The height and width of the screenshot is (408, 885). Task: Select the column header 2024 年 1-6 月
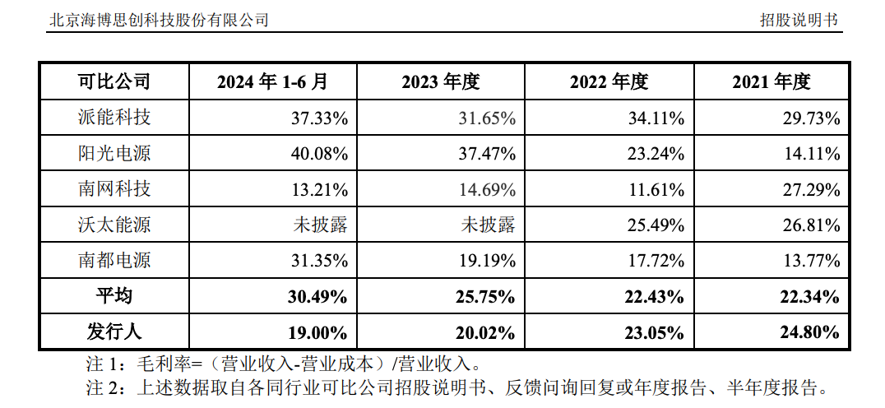tap(272, 81)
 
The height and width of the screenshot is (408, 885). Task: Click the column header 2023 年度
tap(441, 81)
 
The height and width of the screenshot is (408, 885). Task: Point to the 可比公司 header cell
tap(114, 81)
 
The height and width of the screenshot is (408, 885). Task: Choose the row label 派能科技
tap(114, 118)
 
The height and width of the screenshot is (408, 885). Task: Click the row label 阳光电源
tap(114, 154)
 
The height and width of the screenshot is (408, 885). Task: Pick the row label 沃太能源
tap(114, 225)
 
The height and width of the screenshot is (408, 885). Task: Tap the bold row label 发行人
tap(114, 332)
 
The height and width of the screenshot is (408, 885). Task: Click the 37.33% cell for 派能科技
tap(319, 118)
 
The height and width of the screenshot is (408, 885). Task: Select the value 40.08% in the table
tap(319, 154)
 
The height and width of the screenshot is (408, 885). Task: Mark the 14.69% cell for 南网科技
tap(488, 190)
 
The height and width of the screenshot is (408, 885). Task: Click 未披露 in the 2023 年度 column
tap(489, 225)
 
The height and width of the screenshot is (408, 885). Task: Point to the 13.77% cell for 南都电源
tap(812, 262)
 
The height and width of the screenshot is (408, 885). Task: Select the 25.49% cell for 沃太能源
tap(656, 225)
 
